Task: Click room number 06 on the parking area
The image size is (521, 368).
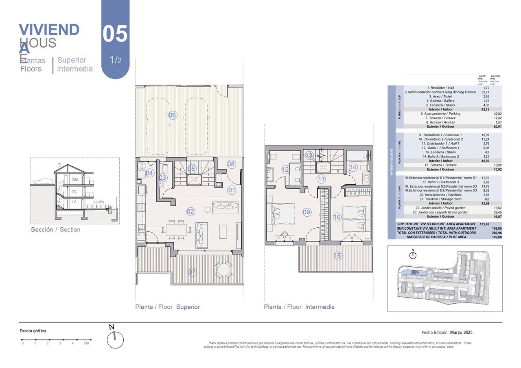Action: point(173,115)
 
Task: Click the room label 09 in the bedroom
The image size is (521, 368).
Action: point(306,212)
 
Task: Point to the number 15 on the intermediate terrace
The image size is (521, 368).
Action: point(338,256)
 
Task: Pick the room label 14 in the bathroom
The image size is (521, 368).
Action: point(352,167)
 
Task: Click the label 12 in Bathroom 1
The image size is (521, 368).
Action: point(285,170)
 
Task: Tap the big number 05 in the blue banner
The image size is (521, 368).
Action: point(115,34)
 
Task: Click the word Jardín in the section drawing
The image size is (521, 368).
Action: point(98,202)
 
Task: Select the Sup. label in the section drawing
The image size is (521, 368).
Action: point(75,179)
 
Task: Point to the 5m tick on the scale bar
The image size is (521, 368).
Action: point(86,343)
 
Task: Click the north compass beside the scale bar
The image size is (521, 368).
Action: point(115,340)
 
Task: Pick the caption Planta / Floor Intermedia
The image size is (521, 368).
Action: point(299,307)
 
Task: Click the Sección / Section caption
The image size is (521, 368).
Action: point(56,230)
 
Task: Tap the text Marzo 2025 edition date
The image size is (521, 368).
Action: point(461,332)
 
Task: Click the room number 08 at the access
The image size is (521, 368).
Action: point(231,164)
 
